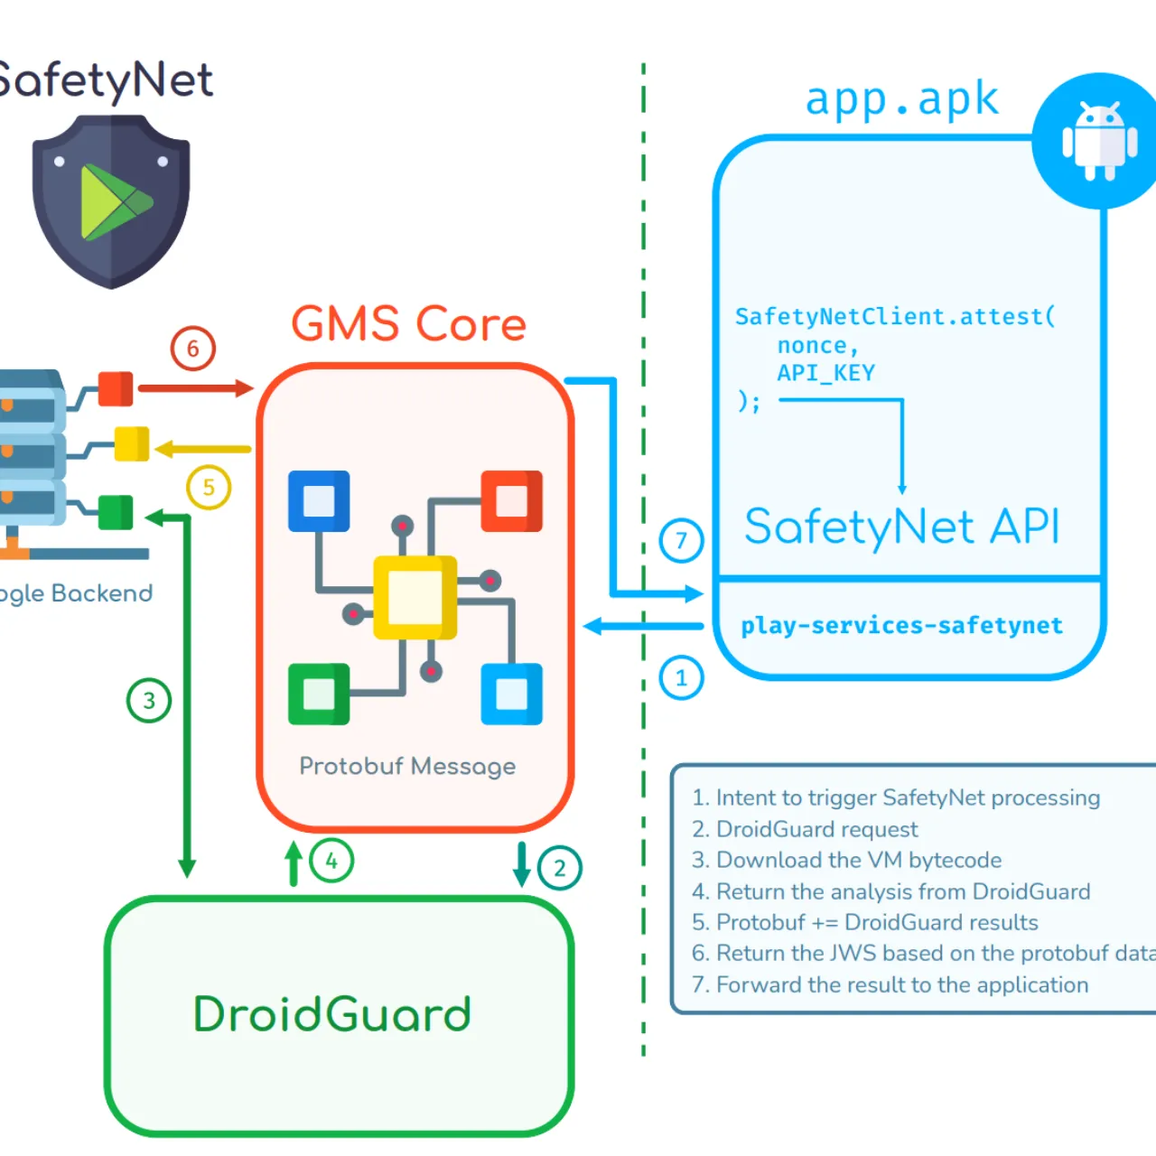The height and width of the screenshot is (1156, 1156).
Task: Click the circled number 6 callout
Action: point(192,349)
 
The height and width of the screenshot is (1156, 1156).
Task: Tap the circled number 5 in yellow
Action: point(209,488)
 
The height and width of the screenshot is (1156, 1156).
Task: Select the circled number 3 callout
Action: point(149,701)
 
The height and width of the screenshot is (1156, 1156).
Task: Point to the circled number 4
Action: point(331,861)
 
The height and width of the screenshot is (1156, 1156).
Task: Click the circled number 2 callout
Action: point(560,868)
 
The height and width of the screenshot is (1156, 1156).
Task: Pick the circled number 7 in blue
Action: point(681,541)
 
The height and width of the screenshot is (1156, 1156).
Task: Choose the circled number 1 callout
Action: point(681,678)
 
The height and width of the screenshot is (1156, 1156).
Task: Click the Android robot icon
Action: point(1099,141)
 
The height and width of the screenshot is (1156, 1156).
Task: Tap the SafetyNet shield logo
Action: point(111,200)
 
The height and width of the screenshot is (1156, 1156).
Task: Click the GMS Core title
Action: point(408,323)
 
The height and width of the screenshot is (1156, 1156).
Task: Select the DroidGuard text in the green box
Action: point(332,1014)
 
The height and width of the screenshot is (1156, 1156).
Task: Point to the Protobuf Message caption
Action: point(407,766)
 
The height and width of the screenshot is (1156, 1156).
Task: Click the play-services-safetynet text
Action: point(901,625)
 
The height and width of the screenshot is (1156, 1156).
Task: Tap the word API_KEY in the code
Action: point(825,373)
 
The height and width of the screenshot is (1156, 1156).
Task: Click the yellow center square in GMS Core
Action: point(415,597)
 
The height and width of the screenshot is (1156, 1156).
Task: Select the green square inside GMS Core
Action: point(319,695)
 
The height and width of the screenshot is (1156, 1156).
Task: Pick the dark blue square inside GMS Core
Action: point(319,500)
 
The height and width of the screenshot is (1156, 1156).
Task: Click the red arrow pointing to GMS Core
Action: point(195,388)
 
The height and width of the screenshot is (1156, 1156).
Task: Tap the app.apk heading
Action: point(901,98)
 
